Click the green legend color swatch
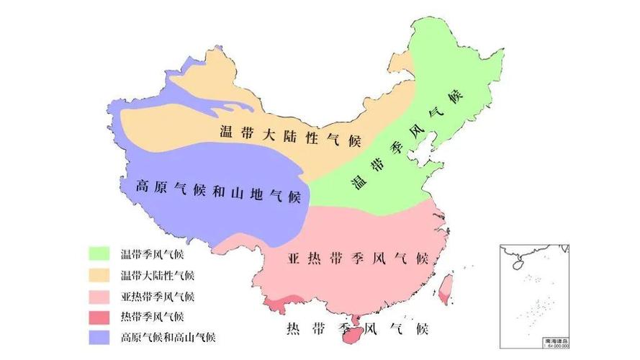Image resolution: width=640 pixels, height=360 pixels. (x=99, y=253)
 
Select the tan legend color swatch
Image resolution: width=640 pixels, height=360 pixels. (x=99, y=274)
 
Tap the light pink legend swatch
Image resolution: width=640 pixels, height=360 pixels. (x=99, y=295)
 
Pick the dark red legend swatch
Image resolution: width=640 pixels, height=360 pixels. (x=99, y=316)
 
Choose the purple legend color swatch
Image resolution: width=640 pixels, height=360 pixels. (x=99, y=337)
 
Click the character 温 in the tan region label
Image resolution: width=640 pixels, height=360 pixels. (x=227, y=132)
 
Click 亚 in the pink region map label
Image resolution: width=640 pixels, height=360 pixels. (x=294, y=258)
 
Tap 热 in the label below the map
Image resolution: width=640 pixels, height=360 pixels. (x=294, y=330)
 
